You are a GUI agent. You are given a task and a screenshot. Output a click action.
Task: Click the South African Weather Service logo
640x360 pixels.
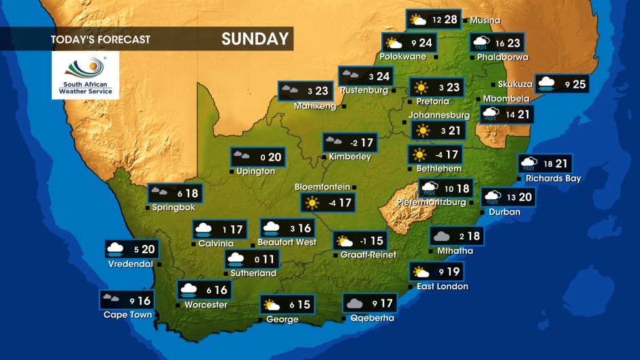tap(85, 76)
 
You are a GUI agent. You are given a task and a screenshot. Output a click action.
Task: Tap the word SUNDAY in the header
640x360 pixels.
tap(255, 39)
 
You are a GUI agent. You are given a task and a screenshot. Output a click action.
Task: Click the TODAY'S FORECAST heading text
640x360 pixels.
tap(100, 39)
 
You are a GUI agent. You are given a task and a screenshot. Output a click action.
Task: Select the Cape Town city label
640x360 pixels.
tap(127, 314)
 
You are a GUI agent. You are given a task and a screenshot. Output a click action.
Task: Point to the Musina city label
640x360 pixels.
tap(485, 20)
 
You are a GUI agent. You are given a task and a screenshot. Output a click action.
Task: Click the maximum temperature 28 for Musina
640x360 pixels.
tap(451, 19)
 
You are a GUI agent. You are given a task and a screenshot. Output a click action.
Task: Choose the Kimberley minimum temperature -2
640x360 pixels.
tap(353, 143)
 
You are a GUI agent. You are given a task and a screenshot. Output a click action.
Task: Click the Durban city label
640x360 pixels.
tap(505, 212)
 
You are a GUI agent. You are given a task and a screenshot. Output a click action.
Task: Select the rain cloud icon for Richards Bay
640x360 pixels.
tap(528, 163)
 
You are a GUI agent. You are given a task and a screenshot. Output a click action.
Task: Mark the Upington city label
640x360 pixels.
tap(255, 171)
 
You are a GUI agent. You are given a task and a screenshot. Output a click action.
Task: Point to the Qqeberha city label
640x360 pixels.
tap(372, 318)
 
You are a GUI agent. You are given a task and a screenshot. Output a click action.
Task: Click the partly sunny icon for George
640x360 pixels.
tap(272, 304)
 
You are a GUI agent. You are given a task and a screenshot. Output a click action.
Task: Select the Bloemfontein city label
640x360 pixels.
tap(322, 186)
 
